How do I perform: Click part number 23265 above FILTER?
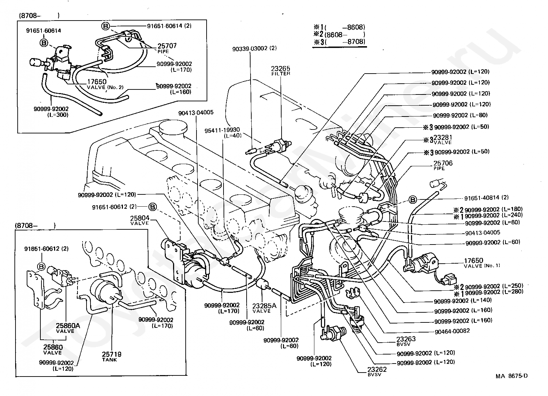tap(280, 68)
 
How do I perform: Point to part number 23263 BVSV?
tap(406, 339)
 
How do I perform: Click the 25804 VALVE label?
tap(139, 218)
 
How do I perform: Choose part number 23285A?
tap(264, 306)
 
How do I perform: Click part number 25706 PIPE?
tap(443, 163)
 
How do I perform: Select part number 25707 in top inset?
tap(167, 46)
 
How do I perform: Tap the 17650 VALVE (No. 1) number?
tap(474, 260)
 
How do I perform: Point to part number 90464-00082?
tap(452, 331)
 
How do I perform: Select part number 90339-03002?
tap(250, 48)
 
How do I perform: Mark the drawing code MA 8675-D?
tap(511, 376)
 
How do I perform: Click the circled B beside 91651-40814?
tap(412, 199)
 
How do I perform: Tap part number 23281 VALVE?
tap(442, 137)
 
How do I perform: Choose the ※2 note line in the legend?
tap(339, 35)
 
